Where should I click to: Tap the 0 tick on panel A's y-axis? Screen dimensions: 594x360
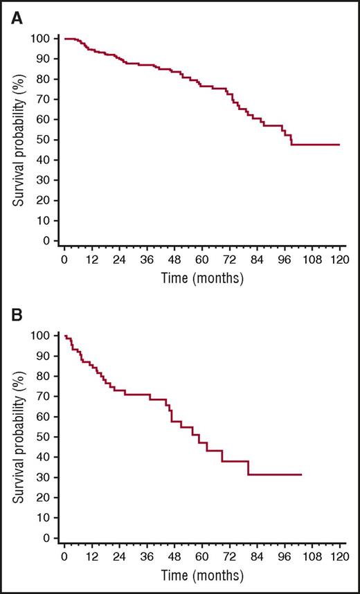[x=50, y=241]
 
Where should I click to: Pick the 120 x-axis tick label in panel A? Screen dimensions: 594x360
[x=339, y=260]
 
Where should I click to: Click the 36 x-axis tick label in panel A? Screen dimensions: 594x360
[x=146, y=260]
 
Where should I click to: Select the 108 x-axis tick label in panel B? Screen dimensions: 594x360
[x=312, y=557]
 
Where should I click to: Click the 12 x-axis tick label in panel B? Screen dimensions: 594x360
[x=91, y=557]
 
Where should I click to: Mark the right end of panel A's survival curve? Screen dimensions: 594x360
[x=339, y=145]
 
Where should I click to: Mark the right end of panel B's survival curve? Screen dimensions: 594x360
[x=302, y=474]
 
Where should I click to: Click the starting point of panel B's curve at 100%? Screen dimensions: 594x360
[x=64, y=336]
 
